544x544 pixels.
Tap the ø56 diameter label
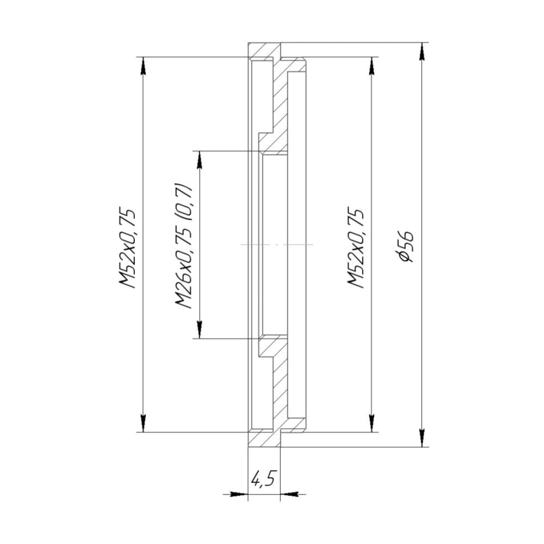tap(406, 246)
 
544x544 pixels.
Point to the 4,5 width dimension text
tap(264, 479)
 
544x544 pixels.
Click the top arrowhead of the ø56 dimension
tap(422, 51)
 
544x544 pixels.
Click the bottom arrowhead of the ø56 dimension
tap(422, 438)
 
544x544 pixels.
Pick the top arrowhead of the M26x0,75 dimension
tap(200, 159)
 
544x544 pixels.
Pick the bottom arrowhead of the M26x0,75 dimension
tap(200, 330)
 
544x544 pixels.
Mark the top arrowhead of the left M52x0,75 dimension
tap(143, 65)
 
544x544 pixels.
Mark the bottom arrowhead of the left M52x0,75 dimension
tap(143, 423)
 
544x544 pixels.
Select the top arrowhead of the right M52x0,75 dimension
tap(372, 65)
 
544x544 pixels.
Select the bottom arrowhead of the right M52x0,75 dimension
tap(372, 423)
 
